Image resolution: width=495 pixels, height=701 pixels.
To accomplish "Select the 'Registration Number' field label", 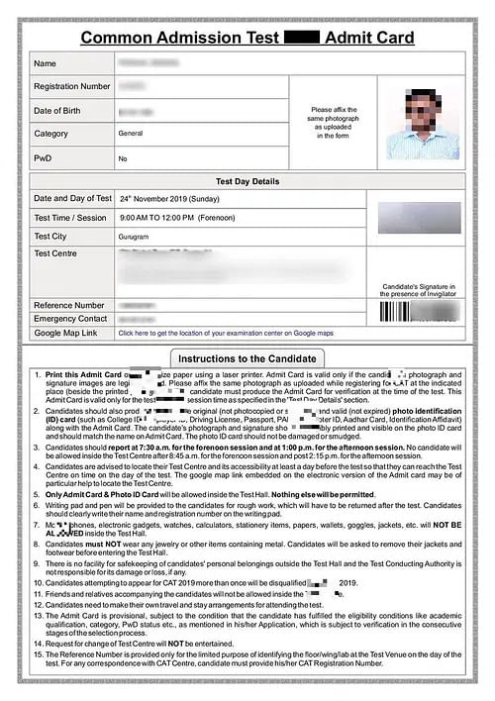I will pyautogui.click(x=72, y=86).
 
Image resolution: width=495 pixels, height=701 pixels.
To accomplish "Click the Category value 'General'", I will pyautogui.click(x=131, y=133).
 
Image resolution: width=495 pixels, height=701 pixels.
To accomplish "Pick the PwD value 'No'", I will pyautogui.click(x=123, y=158).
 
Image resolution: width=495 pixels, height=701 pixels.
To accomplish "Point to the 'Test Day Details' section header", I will pyautogui.click(x=247, y=182).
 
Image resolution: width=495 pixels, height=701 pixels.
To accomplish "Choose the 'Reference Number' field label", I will pyautogui.click(x=69, y=305).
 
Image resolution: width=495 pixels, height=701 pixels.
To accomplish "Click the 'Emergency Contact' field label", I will pyautogui.click(x=70, y=319).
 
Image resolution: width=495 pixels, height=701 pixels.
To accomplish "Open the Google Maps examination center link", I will pyautogui.click(x=226, y=334).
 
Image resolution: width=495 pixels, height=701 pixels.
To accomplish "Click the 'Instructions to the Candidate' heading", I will pyautogui.click(x=247, y=357).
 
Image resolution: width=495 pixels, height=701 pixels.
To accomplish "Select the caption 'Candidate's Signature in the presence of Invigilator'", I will pyautogui.click(x=417, y=288).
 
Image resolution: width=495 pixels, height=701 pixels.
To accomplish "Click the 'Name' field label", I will pyautogui.click(x=46, y=63).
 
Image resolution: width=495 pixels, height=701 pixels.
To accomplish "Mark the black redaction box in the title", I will pyautogui.click(x=301, y=38).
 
